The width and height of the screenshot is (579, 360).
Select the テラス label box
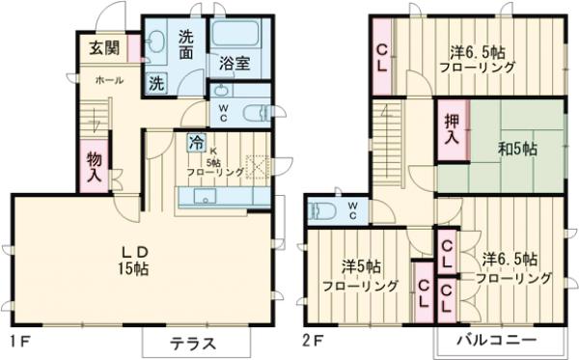(192, 344)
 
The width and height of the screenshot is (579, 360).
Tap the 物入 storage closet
(94, 167)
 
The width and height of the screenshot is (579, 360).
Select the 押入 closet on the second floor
(451, 131)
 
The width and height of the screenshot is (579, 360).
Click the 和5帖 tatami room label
(517, 151)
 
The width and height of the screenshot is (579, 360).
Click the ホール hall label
(108, 81)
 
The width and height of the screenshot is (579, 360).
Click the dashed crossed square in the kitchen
(258, 167)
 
